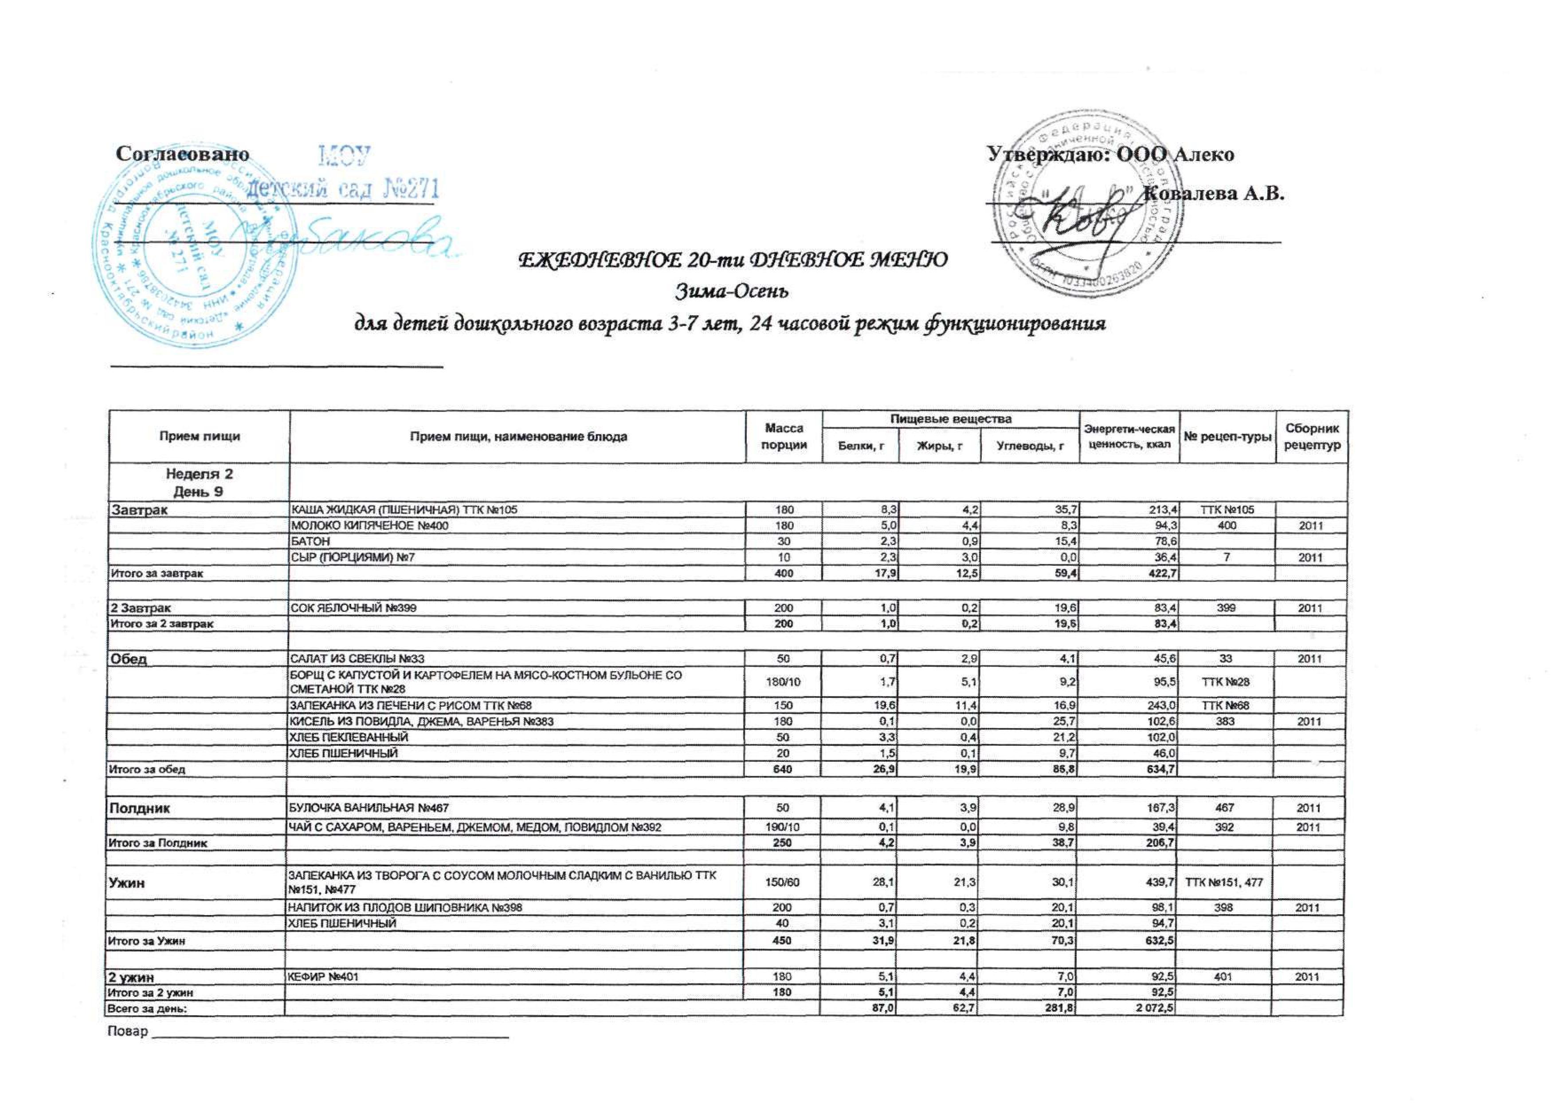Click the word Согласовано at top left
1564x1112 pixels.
182,154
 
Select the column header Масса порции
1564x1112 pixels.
784,437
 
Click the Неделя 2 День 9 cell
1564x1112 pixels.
199,483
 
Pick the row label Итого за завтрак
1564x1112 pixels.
157,573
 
